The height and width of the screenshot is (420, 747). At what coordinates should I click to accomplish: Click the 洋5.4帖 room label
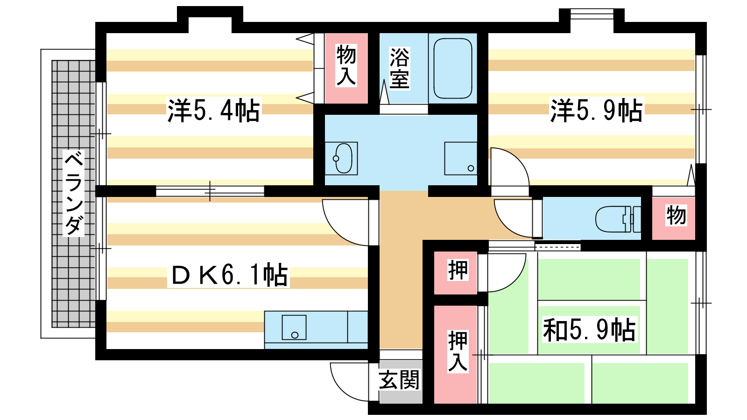[x=213, y=110]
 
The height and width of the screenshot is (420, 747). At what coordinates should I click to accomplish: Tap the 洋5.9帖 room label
[x=596, y=110]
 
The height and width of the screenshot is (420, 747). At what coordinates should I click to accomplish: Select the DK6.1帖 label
[x=229, y=275]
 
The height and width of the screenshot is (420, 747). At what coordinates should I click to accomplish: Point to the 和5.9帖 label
[x=589, y=329]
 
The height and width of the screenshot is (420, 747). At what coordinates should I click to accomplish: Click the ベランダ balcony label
[x=73, y=193]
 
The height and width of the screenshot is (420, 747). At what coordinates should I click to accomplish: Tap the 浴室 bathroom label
[x=399, y=68]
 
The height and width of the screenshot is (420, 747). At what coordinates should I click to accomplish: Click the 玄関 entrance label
[x=399, y=380]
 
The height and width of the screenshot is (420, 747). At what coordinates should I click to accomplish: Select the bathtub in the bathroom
[x=452, y=68]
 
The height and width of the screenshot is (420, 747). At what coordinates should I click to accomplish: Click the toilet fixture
[x=618, y=219]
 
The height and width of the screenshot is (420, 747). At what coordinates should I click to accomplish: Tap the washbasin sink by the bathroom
[x=341, y=158]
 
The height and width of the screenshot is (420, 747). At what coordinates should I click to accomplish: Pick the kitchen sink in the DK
[x=294, y=327]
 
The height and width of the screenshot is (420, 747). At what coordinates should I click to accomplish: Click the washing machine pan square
[x=460, y=158]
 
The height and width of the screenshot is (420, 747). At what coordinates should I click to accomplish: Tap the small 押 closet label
[x=458, y=270]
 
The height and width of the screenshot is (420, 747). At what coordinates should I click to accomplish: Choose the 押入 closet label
[x=458, y=351]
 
